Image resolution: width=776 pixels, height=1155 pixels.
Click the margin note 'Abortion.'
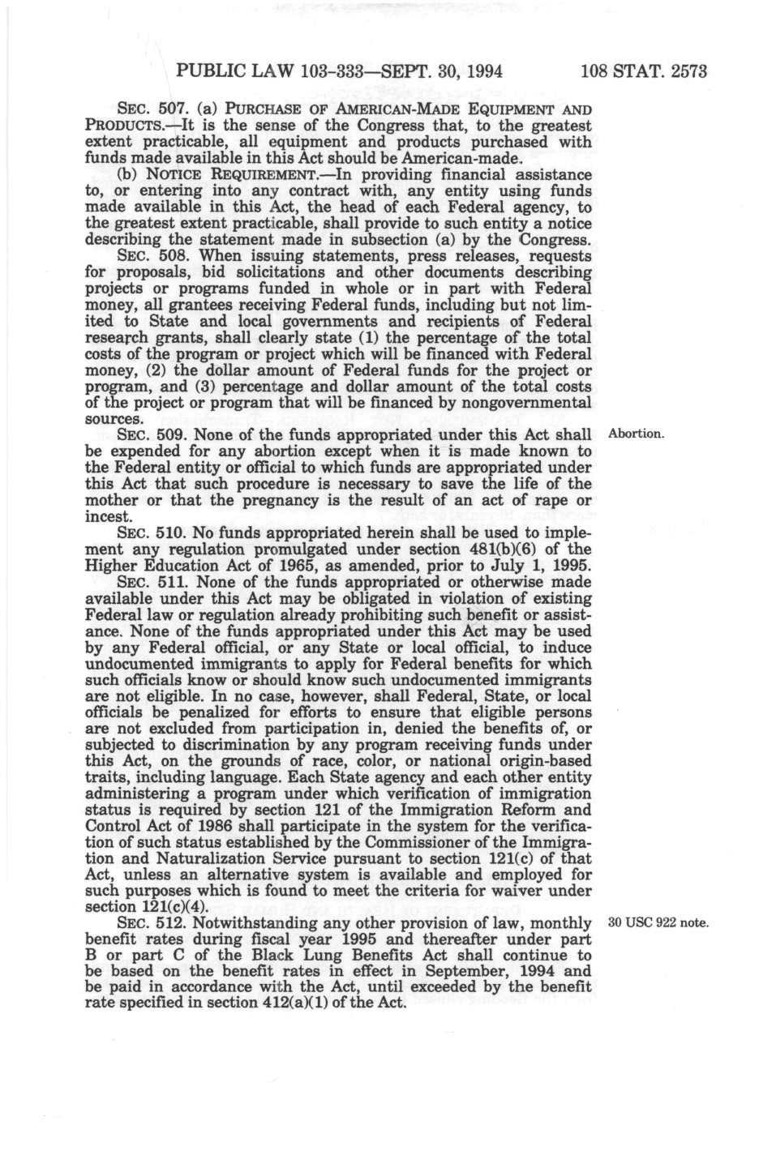(636, 434)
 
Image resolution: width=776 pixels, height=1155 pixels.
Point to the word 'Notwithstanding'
(246, 923)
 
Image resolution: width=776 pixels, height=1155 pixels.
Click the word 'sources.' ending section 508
(112, 419)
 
